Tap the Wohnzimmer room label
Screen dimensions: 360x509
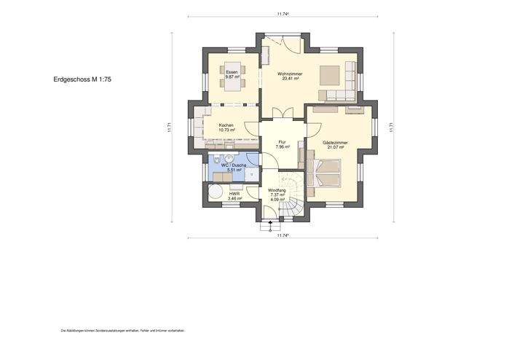290,76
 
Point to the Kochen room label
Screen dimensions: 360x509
226,128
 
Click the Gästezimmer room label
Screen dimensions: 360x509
334,145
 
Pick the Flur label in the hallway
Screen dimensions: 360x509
282,145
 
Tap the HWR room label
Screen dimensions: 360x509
234,196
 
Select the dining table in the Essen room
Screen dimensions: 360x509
233,82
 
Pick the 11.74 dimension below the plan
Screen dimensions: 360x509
283,235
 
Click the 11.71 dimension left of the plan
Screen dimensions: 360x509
170,127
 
